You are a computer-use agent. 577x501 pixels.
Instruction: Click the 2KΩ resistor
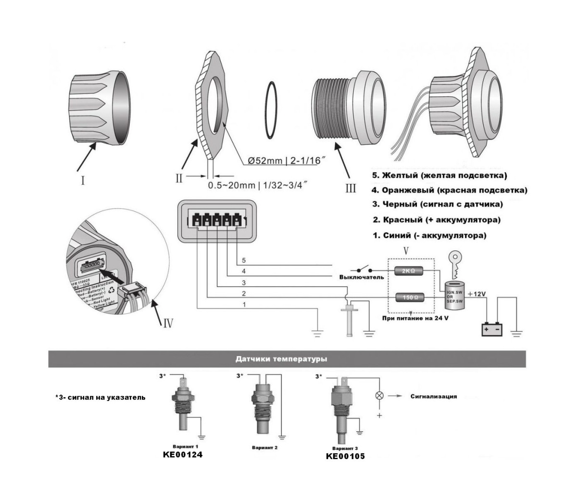coord(409,271)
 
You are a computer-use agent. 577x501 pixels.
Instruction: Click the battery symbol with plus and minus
coord(492,330)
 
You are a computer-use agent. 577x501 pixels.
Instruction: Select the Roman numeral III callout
coord(351,188)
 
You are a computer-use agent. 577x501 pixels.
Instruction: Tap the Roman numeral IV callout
coord(166,321)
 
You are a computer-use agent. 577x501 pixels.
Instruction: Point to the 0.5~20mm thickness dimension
coord(257,185)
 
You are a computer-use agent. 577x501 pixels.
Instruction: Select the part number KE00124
coord(183,454)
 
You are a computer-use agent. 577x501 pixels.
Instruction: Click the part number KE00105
coord(345,456)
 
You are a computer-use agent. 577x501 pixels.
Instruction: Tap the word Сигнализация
coord(433,397)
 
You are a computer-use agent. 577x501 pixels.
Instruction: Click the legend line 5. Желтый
coord(439,175)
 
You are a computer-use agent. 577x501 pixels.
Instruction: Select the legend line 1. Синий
coord(429,236)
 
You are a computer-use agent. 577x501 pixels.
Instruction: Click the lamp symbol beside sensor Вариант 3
coord(379,396)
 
